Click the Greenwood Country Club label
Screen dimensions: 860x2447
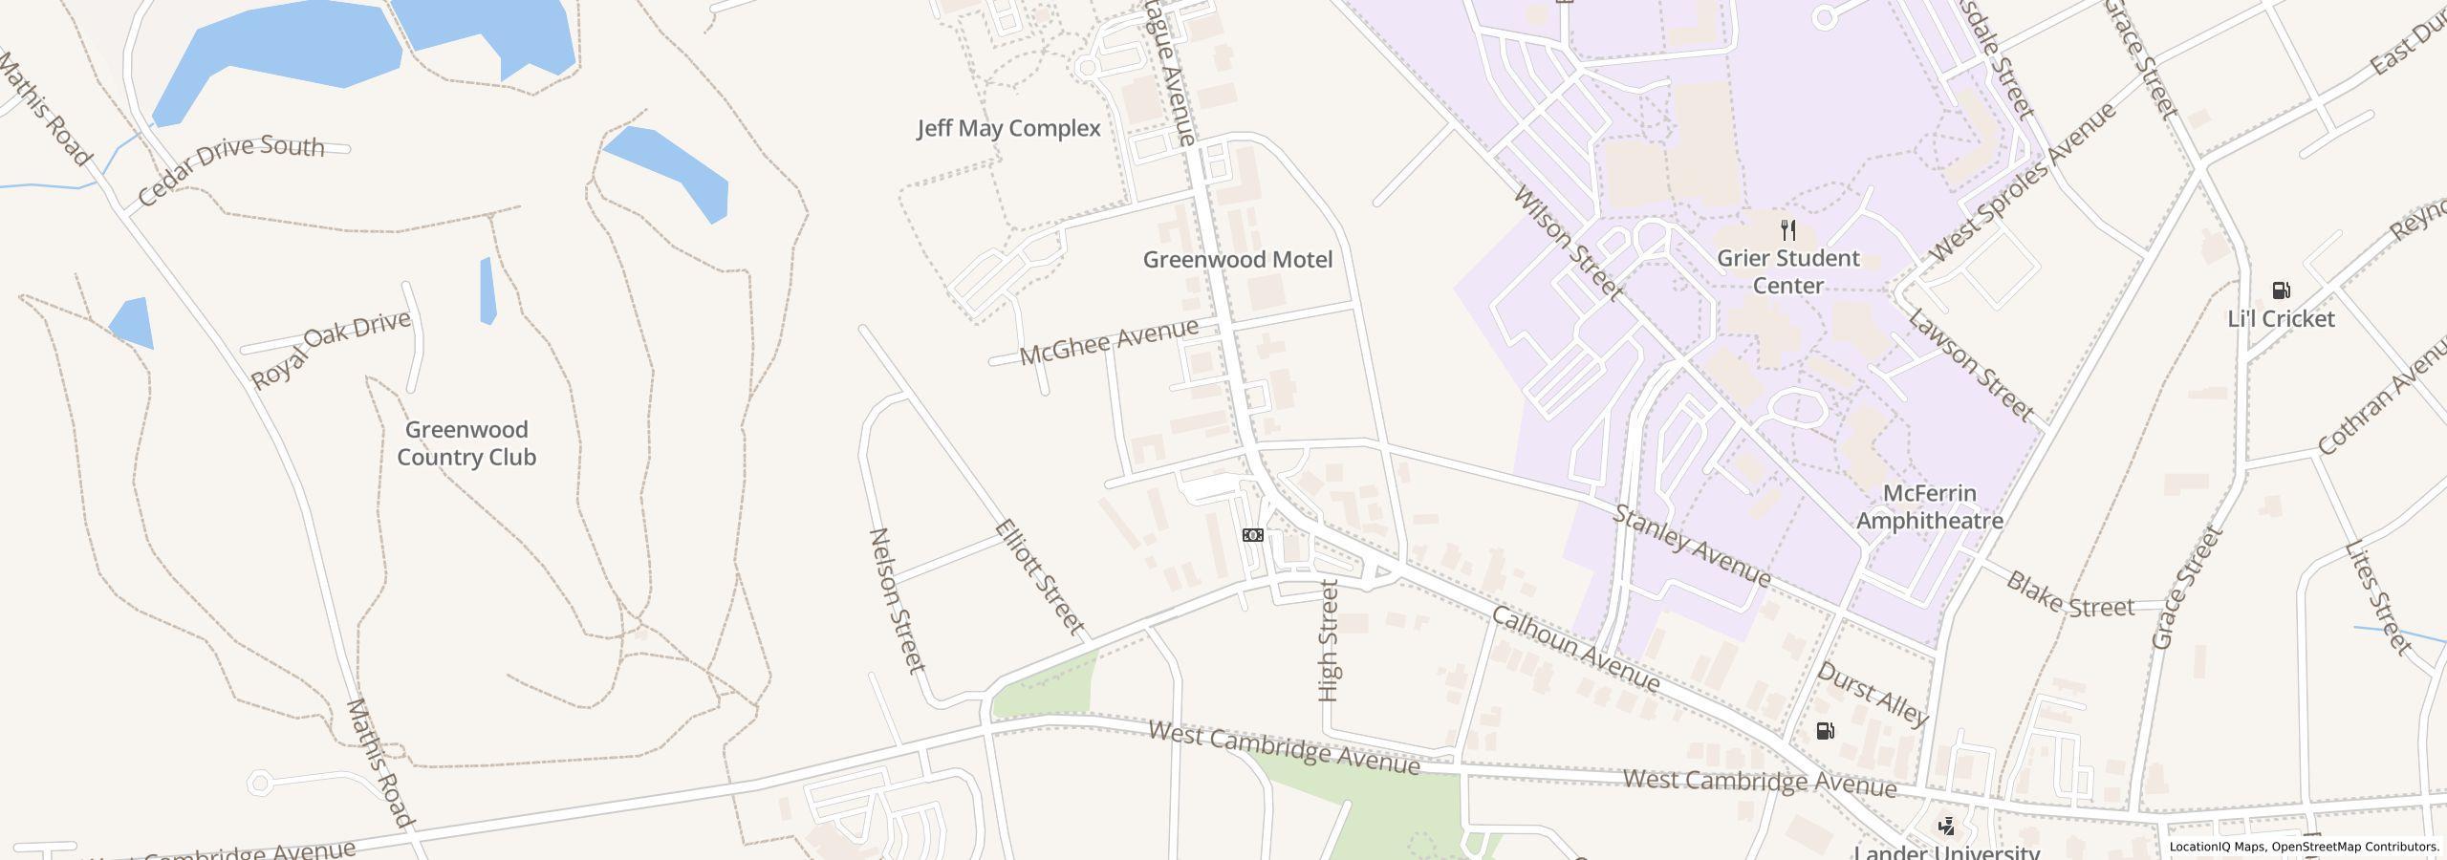point(466,443)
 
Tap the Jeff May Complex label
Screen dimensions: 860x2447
point(1008,129)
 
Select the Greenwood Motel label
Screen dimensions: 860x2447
point(1237,260)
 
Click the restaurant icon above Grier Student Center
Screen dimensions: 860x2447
point(1788,230)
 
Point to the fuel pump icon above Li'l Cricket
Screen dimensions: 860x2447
point(2281,290)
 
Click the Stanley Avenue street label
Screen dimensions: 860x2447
point(1692,546)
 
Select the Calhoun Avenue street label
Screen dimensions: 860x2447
point(1575,649)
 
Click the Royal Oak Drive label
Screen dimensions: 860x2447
point(330,349)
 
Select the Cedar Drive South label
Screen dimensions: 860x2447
point(230,169)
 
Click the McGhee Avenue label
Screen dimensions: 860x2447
point(1108,342)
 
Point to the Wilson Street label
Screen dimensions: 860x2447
point(1569,243)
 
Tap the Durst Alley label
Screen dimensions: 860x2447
point(1873,694)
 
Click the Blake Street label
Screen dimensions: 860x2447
point(2069,594)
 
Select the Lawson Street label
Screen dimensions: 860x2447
point(1970,365)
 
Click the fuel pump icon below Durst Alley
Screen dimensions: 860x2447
point(1825,731)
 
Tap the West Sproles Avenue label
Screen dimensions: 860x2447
point(2023,183)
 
